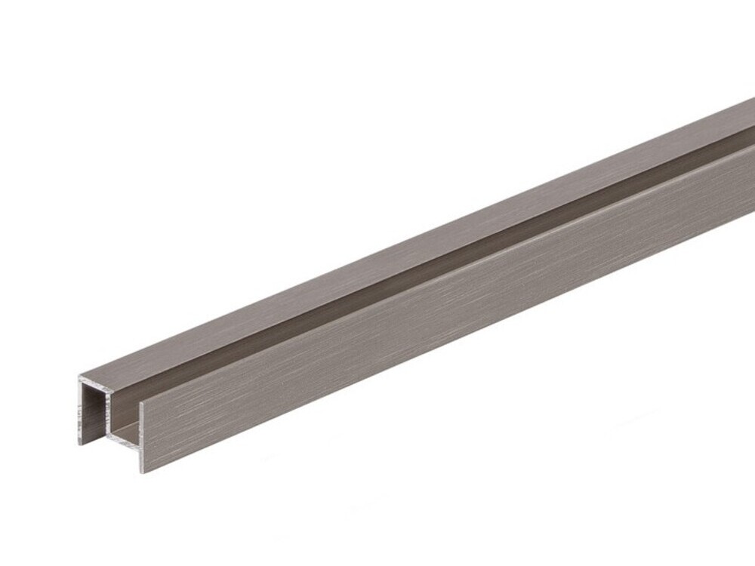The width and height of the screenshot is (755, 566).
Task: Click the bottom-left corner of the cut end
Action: [80, 444]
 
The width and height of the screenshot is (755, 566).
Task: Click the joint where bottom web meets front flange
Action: [140, 438]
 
